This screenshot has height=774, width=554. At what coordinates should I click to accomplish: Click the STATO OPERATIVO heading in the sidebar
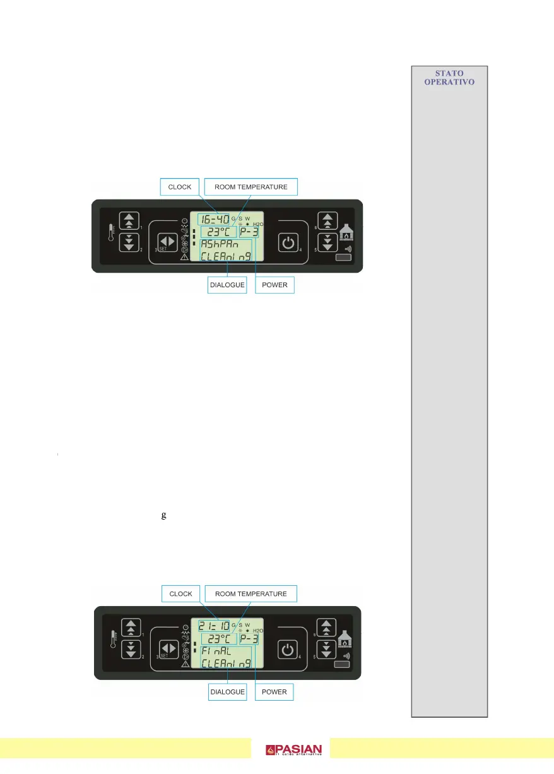[450, 78]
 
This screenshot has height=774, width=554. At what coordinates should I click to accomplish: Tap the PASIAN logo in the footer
[294, 750]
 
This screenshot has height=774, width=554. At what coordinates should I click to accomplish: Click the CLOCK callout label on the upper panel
[180, 187]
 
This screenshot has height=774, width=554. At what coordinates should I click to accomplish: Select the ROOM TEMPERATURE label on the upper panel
[250, 187]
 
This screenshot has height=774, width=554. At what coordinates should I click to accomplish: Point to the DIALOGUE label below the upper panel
[227, 285]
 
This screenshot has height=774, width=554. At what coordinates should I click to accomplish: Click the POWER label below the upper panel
[274, 285]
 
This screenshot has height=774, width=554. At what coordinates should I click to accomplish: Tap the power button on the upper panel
[288, 243]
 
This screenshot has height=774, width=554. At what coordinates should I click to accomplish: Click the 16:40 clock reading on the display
[213, 220]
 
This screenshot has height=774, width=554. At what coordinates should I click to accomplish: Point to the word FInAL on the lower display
[216, 651]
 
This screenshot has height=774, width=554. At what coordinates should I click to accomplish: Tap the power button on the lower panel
[288, 650]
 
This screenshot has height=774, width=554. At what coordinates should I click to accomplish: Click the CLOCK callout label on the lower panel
[181, 593]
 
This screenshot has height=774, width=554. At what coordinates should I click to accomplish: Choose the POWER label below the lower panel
[274, 692]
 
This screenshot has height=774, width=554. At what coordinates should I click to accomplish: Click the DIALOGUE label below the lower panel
[227, 692]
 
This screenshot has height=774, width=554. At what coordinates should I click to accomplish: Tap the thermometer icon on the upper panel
[110, 232]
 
